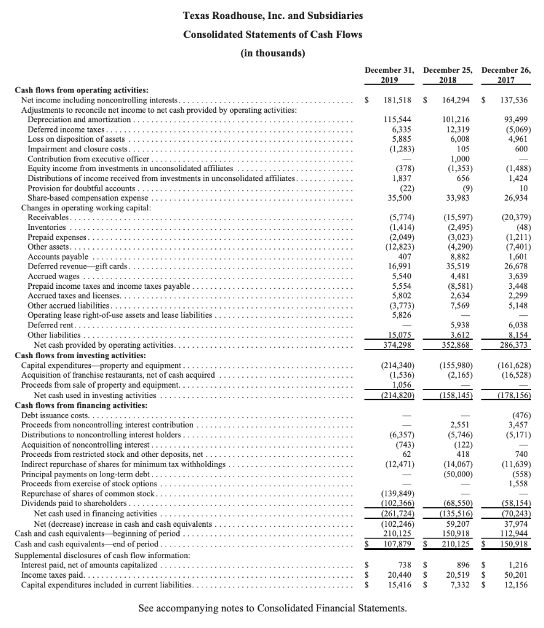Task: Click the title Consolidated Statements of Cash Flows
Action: coord(272,34)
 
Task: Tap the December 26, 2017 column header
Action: coord(506,75)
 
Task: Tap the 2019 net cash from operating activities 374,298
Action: coord(399,345)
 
